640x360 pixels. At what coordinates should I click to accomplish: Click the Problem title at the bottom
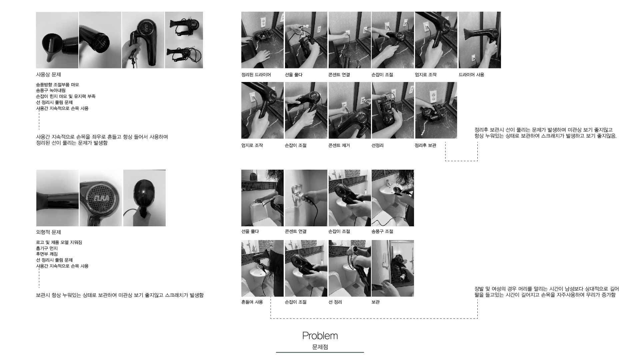(x=320, y=336)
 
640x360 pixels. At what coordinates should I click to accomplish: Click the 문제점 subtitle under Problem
(x=320, y=347)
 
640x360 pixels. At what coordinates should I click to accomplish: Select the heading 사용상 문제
(x=48, y=75)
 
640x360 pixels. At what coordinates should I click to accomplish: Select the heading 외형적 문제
(x=48, y=232)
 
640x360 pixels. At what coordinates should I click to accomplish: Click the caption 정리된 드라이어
(x=256, y=75)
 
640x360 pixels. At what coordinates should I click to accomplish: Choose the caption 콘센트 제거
(x=339, y=145)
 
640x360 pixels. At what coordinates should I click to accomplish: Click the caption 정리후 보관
(x=425, y=145)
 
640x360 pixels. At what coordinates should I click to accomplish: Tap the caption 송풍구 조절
(x=382, y=231)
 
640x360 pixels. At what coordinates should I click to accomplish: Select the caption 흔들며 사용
(x=252, y=302)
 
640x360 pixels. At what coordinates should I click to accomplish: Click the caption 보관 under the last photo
(x=375, y=302)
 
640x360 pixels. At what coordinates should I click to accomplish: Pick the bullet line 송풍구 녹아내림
(x=51, y=90)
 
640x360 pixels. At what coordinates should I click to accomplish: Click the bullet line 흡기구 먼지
(x=47, y=248)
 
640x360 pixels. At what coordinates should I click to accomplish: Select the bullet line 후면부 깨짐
(x=47, y=254)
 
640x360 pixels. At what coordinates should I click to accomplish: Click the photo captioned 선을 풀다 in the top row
(x=306, y=40)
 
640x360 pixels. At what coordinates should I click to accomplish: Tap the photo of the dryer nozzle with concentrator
(x=57, y=40)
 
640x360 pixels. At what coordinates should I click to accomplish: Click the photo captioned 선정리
(x=393, y=110)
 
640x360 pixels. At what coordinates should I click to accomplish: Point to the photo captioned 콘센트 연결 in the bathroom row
(x=306, y=198)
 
